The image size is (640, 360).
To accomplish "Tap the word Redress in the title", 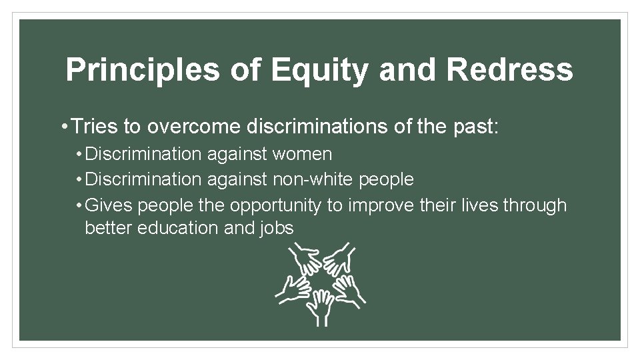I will pyautogui.click(x=509, y=70).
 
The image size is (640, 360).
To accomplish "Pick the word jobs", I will pyautogui.click(x=279, y=228).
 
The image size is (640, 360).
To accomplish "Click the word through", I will pyautogui.click(x=535, y=205).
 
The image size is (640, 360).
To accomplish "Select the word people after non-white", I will pyautogui.click(x=386, y=179).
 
